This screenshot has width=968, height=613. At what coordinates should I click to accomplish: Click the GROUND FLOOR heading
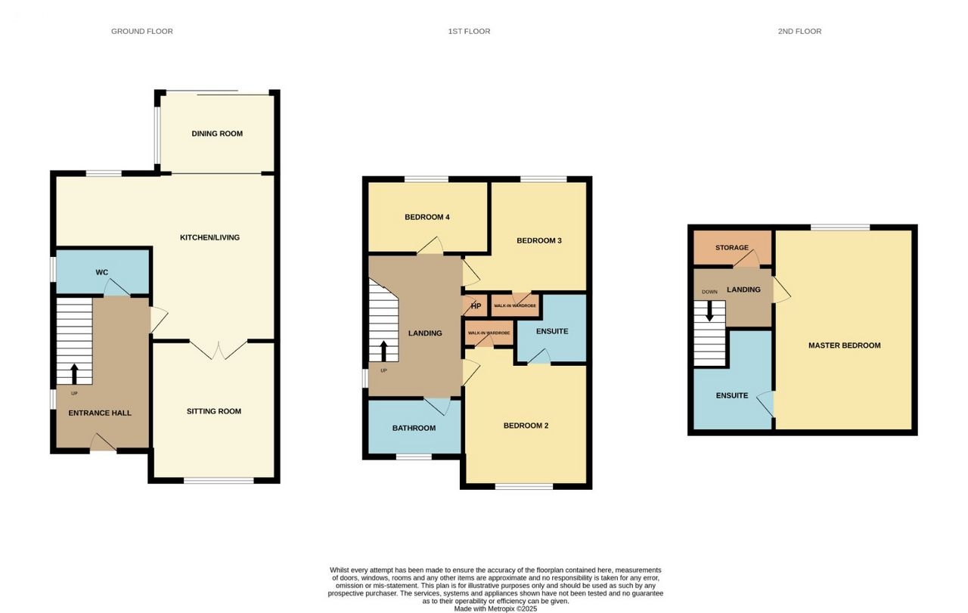141,31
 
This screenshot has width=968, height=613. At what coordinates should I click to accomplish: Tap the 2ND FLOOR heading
799,31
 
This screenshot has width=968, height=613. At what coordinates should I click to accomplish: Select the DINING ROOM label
217,134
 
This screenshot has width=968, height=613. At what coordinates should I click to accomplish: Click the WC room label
102,272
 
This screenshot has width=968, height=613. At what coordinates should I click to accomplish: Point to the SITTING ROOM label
214,411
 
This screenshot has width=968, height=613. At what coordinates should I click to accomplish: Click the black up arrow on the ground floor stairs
74,374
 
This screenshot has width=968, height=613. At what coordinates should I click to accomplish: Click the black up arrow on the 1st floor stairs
383,351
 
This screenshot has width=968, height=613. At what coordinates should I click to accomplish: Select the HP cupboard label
476,306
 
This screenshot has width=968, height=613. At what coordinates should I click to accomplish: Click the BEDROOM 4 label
427,217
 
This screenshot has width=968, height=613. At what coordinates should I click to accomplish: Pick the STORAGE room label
731,247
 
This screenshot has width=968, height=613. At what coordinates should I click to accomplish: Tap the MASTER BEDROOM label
845,345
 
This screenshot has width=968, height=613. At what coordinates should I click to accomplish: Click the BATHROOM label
414,428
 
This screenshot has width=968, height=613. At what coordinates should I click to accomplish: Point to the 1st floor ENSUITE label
552,331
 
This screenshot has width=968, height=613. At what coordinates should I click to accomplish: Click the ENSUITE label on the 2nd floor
731,395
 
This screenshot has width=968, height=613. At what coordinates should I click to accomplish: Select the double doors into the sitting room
219,351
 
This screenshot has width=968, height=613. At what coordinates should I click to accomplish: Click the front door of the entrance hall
104,443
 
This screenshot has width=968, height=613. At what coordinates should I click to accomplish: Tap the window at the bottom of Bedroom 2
524,487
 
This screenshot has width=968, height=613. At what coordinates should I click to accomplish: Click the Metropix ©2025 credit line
495,608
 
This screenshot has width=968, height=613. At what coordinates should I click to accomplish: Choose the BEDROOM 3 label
539,240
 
